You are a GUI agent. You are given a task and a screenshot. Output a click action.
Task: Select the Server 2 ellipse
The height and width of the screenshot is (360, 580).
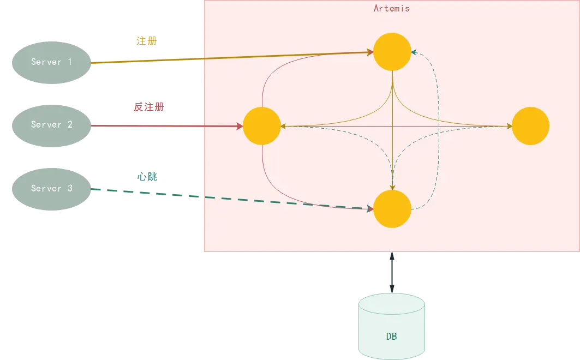pyautogui.click(x=51, y=125)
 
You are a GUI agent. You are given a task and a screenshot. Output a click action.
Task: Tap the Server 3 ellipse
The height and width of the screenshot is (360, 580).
pyautogui.click(x=51, y=189)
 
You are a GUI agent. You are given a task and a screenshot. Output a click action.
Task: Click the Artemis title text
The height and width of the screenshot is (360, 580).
pyautogui.click(x=391, y=8)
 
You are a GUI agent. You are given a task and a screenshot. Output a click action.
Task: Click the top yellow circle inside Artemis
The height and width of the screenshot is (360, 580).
pyautogui.click(x=392, y=52)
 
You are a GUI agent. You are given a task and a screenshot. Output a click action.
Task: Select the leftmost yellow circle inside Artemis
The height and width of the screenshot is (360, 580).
pyautogui.click(x=262, y=126)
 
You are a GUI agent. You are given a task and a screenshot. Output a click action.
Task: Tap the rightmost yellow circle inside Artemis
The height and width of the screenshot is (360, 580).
pyautogui.click(x=530, y=126)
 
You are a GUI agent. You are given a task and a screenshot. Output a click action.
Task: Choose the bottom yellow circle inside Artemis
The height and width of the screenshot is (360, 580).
pyautogui.click(x=392, y=209)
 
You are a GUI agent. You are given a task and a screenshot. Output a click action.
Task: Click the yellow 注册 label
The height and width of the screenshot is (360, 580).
pyautogui.click(x=146, y=41)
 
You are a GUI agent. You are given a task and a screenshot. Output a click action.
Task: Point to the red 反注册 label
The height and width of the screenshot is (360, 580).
pyautogui.click(x=149, y=107)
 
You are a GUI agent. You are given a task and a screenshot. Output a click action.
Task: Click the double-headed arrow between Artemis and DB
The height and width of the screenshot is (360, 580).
pyautogui.click(x=391, y=273)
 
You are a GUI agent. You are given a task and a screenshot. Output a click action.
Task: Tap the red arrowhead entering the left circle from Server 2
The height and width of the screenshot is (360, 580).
pyautogui.click(x=240, y=126)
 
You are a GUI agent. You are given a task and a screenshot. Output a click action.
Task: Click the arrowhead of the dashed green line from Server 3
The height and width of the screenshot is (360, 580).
pyautogui.click(x=370, y=208)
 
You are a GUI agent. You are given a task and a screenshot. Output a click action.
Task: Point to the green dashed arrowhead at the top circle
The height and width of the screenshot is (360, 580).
pyautogui.click(x=414, y=52)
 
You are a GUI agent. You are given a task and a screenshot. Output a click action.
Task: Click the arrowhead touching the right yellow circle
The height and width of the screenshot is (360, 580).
pyautogui.click(x=509, y=126)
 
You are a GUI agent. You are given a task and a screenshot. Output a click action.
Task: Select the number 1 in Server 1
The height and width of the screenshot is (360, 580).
pyautogui.click(x=69, y=62)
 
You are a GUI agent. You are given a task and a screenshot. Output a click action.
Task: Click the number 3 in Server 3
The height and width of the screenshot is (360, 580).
pyautogui.click(x=69, y=189)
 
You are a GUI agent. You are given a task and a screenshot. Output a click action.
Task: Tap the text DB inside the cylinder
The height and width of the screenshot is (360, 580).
pyautogui.click(x=391, y=337)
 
